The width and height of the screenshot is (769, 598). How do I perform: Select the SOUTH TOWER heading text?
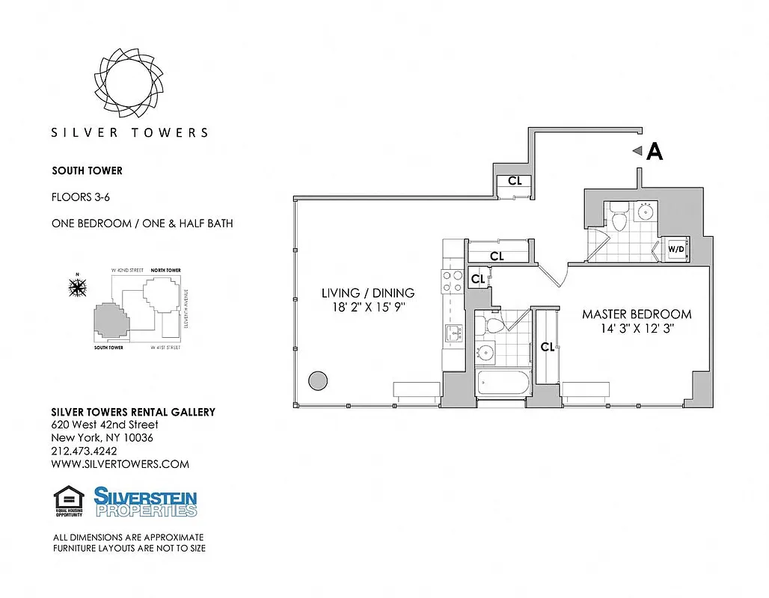coord(87,171)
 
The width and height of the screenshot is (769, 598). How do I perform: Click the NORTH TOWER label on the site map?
coord(165,270)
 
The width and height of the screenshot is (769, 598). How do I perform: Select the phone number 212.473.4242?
coord(84,451)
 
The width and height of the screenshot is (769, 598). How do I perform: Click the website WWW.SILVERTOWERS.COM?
coord(120,464)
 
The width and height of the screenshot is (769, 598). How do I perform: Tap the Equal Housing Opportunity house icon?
coord(68,499)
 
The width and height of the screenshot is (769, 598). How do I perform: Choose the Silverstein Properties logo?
coord(145,502)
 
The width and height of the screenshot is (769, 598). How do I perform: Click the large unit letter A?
coord(655,152)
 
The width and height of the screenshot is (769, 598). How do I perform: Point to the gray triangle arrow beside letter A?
coord(637,152)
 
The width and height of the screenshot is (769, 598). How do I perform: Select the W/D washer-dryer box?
coord(675,249)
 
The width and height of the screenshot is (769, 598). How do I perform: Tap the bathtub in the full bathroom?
coord(503,385)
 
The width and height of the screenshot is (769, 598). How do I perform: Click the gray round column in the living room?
coord(318,380)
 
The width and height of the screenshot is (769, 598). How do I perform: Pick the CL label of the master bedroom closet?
coord(548,347)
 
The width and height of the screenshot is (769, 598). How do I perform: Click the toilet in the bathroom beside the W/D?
coord(619,218)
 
